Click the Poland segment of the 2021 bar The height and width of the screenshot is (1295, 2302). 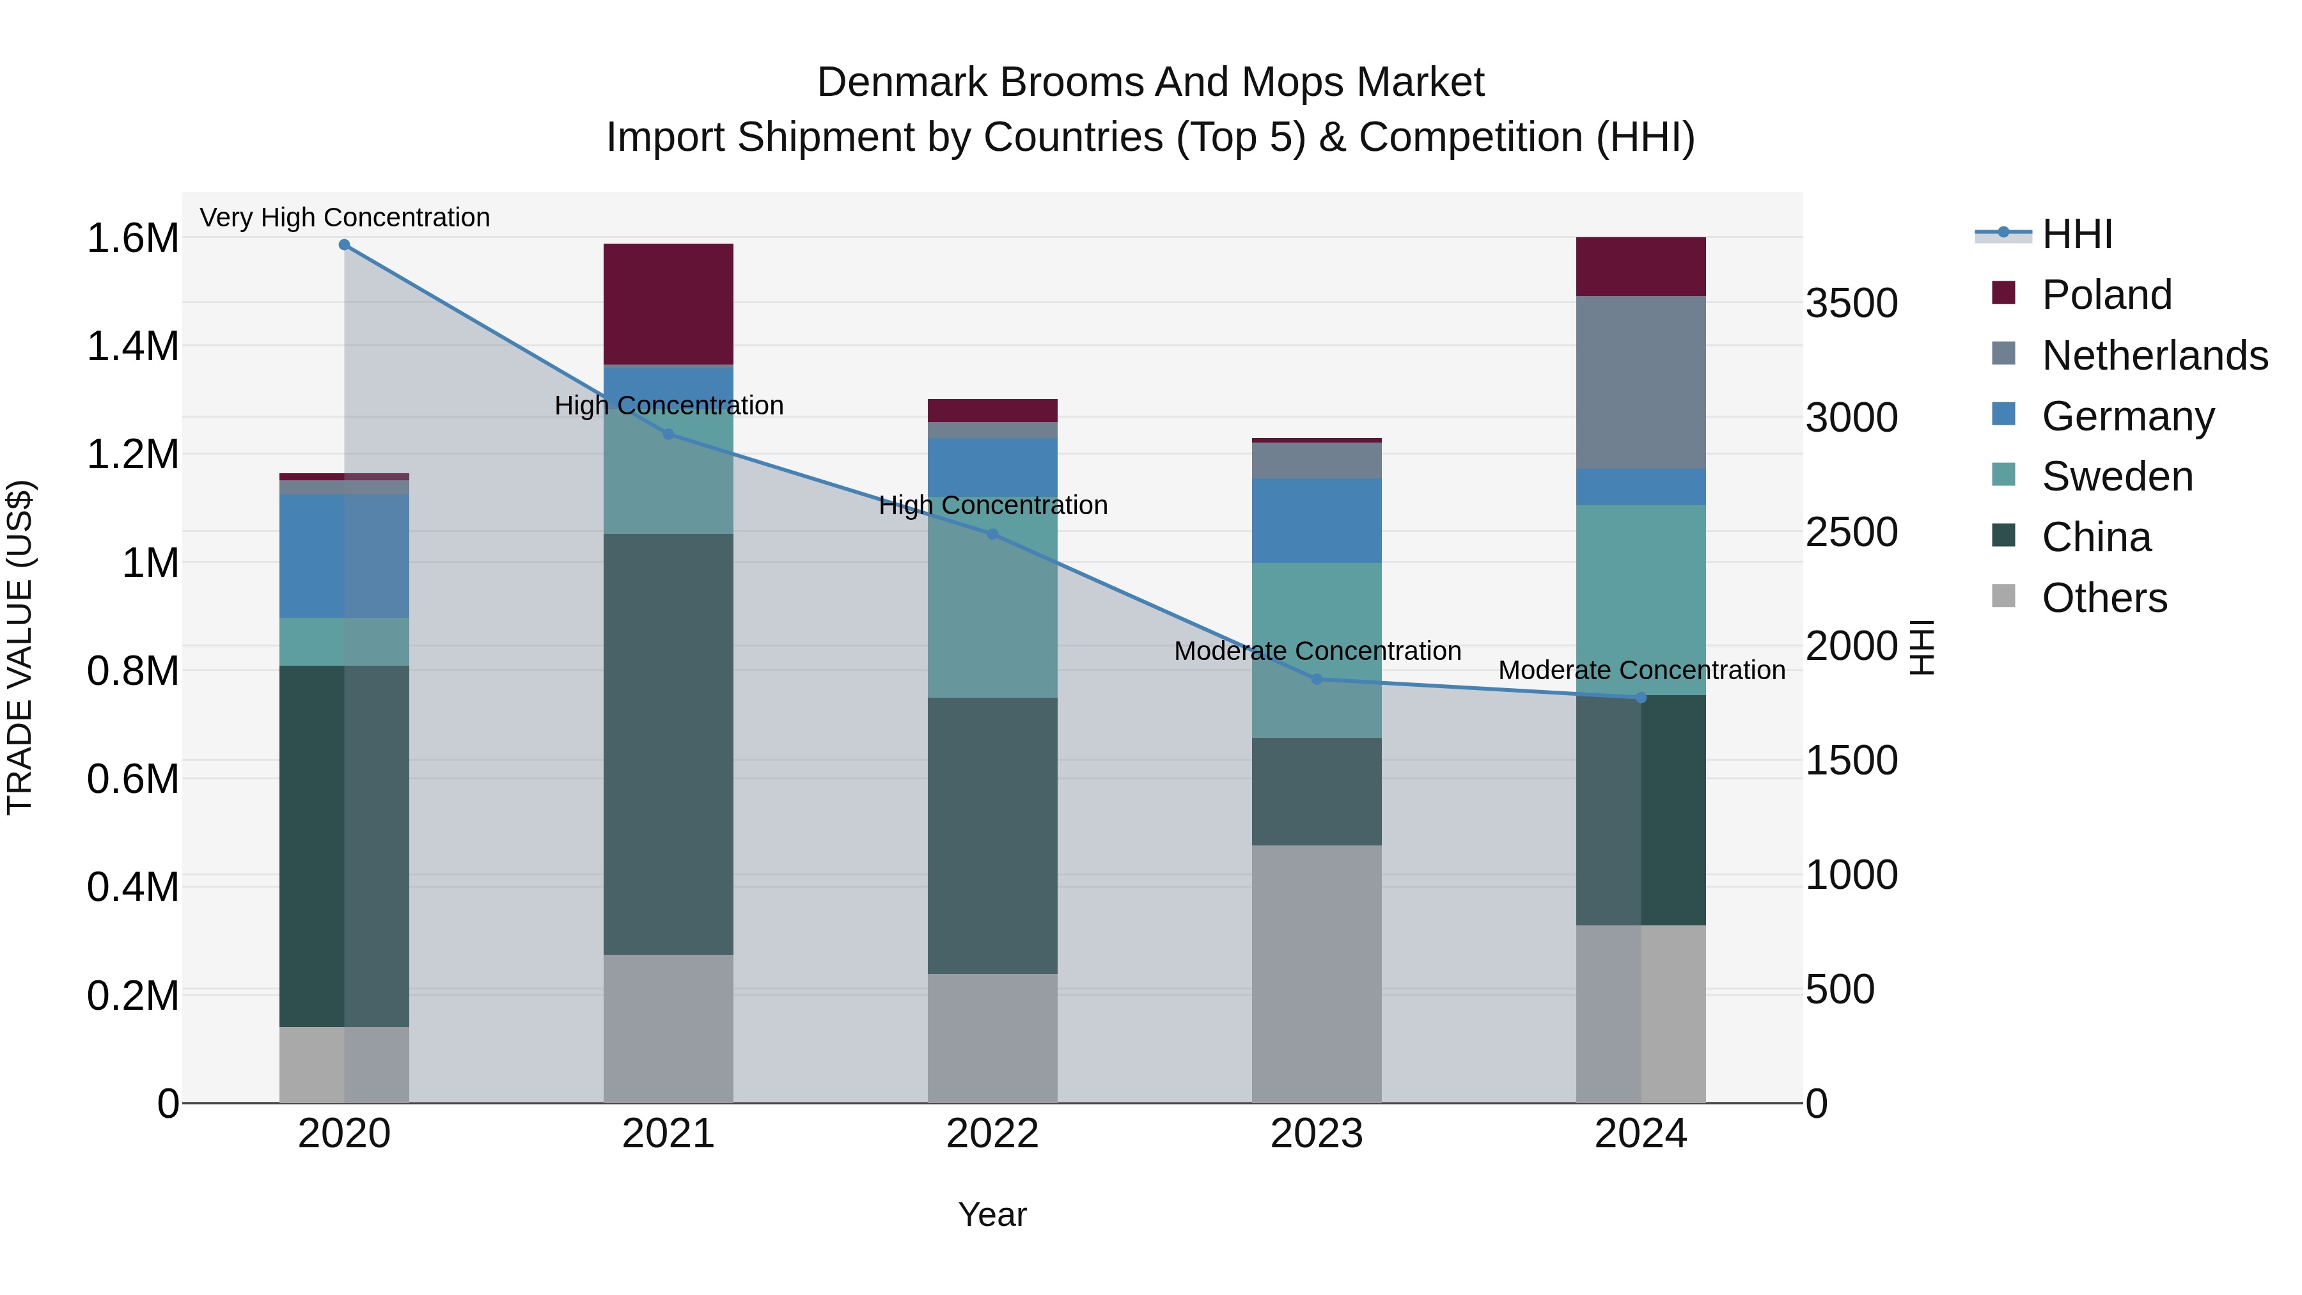668,304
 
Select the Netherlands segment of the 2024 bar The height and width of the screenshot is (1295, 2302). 1641,382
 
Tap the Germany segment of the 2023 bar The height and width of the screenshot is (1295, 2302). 1317,520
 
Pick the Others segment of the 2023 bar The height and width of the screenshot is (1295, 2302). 1317,974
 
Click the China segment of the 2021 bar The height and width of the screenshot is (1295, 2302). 668,744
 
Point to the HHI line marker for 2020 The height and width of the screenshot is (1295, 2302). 344,245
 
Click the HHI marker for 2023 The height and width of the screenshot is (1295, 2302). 1317,679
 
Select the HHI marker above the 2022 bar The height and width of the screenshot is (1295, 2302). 992,535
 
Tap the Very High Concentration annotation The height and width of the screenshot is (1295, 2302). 344,218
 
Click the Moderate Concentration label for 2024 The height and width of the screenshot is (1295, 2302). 1641,670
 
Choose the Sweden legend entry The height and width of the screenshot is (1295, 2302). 2116,476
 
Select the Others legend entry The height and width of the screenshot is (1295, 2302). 2104,598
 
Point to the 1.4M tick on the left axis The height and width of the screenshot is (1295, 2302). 132,347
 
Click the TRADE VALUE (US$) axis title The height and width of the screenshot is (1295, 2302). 20,647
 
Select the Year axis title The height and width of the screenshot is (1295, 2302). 992,1216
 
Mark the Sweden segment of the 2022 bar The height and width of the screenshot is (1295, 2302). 992,597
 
